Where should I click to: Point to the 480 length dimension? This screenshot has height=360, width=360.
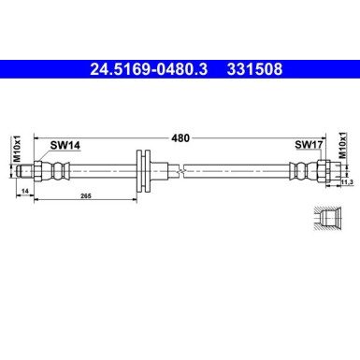click(180, 137)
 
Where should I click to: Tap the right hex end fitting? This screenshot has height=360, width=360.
click(324, 169)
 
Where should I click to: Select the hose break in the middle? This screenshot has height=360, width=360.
click(187, 169)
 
